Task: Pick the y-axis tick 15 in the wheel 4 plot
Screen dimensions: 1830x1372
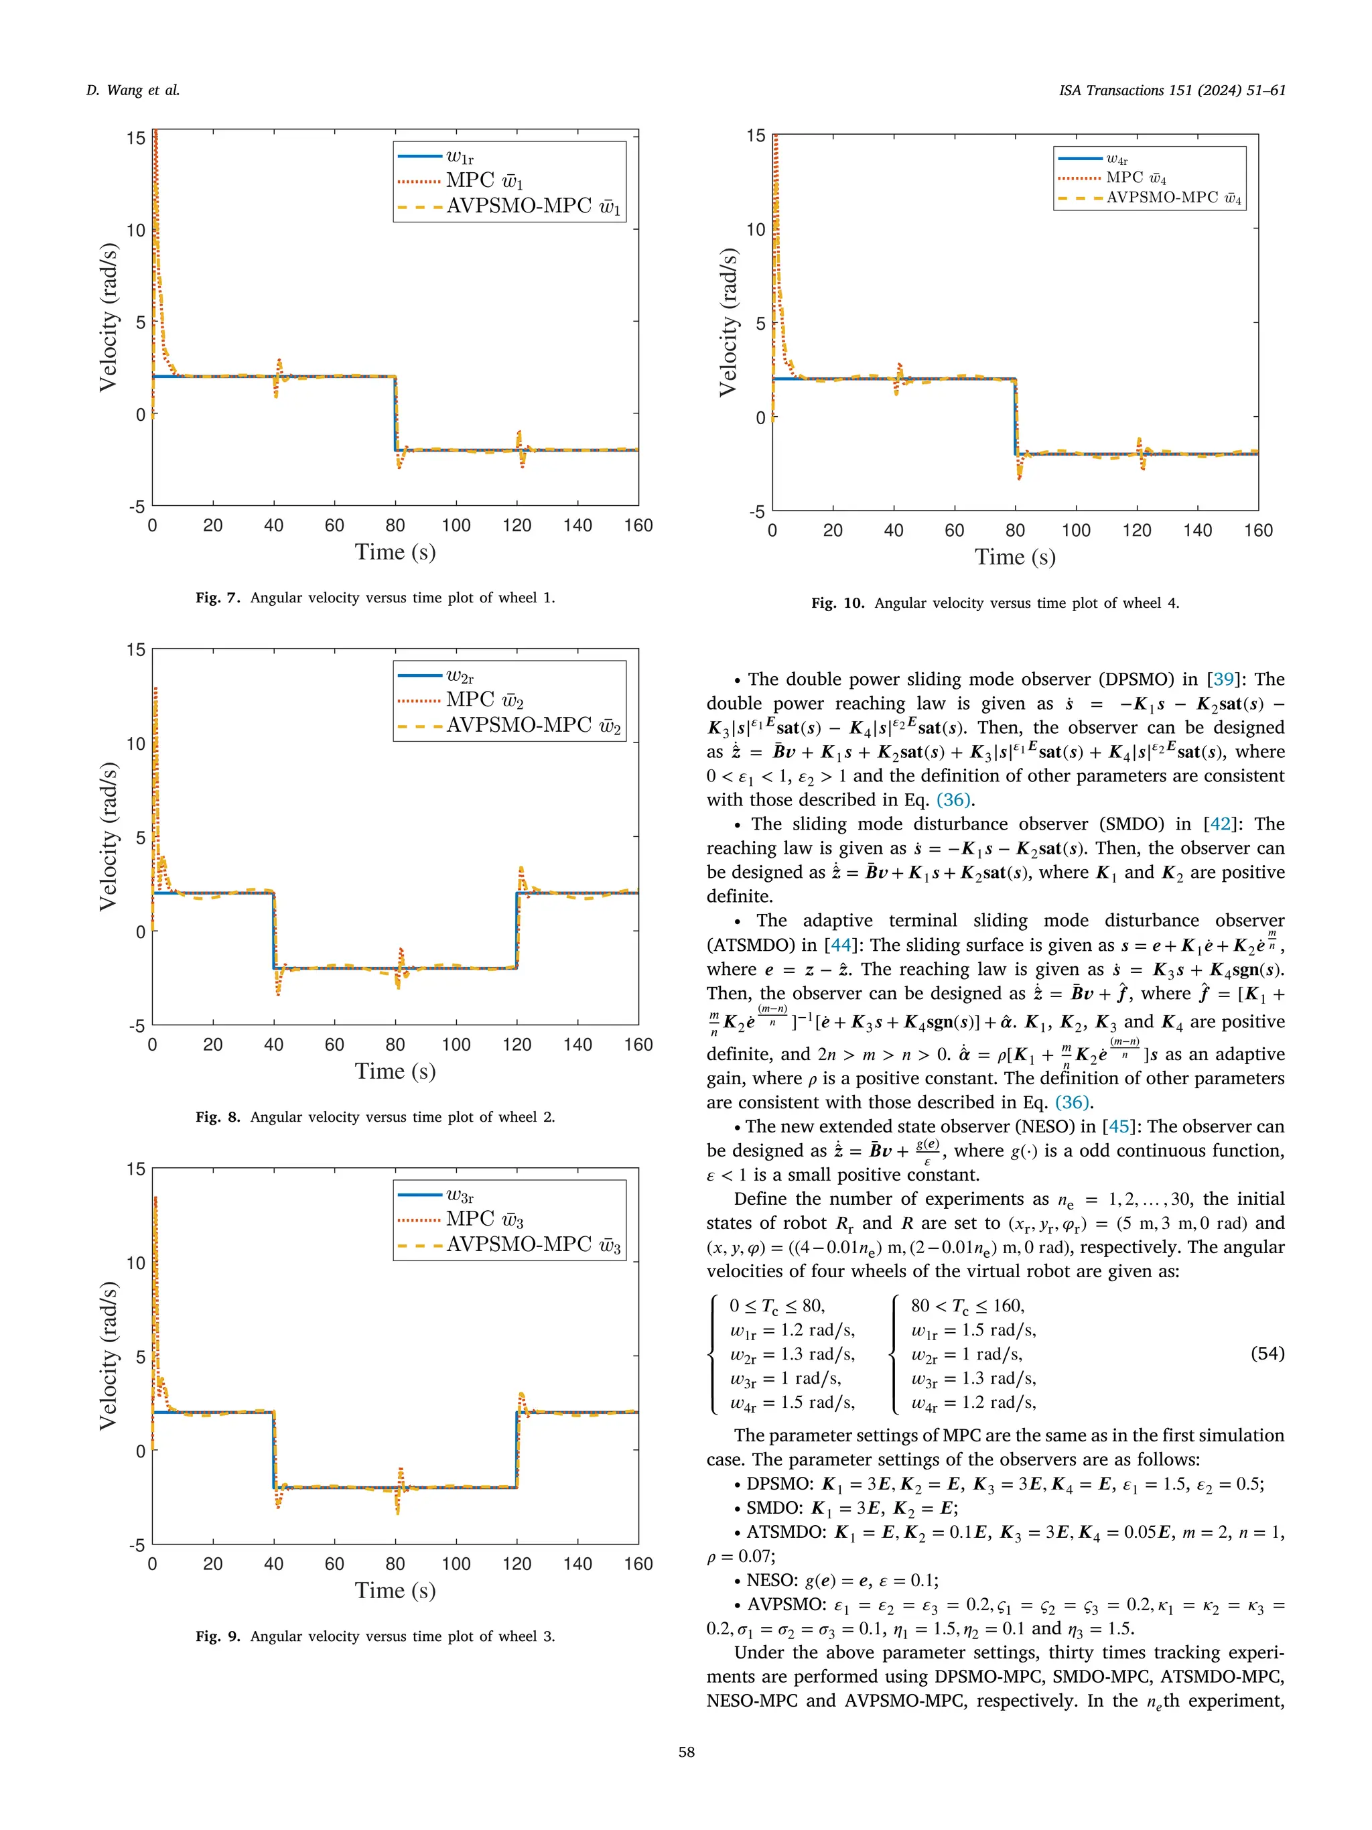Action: click(756, 135)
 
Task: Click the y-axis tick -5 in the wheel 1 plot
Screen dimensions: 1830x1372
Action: click(137, 507)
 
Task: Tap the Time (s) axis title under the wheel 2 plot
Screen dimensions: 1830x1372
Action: click(395, 1071)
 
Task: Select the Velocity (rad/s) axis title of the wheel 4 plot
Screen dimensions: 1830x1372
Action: click(727, 323)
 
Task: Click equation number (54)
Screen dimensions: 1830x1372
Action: click(1267, 1353)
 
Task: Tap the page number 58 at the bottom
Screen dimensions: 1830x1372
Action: click(685, 1752)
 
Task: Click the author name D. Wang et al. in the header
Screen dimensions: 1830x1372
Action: click(133, 90)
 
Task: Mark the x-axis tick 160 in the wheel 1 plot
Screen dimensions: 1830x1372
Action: click(638, 525)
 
